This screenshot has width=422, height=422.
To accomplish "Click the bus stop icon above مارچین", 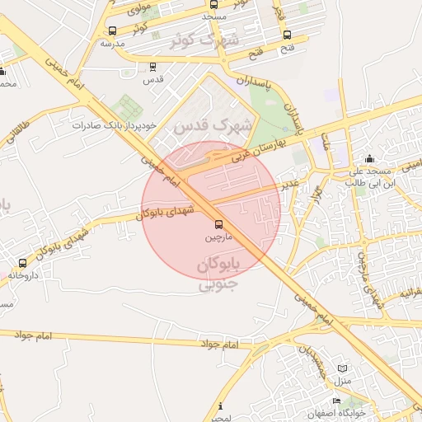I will pyautogui.click(x=218, y=224).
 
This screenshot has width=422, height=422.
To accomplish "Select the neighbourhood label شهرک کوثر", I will pyautogui.click(x=206, y=40).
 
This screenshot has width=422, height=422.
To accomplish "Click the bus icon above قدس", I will pyautogui.click(x=152, y=67).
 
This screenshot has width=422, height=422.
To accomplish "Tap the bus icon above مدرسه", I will pyautogui.click(x=112, y=30).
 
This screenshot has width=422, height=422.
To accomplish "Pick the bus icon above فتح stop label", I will pyautogui.click(x=287, y=35).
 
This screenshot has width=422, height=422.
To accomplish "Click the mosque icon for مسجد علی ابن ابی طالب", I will pyautogui.click(x=368, y=158).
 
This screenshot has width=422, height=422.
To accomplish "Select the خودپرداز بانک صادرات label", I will pyautogui.click(x=114, y=126).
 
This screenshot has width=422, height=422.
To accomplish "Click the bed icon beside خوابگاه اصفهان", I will pyautogui.click(x=336, y=401).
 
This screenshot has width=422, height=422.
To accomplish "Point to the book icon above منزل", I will pyautogui.click(x=342, y=368).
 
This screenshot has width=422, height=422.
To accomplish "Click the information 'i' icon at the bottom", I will pyautogui.click(x=220, y=406).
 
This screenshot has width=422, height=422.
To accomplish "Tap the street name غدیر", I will pyautogui.click(x=288, y=185).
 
